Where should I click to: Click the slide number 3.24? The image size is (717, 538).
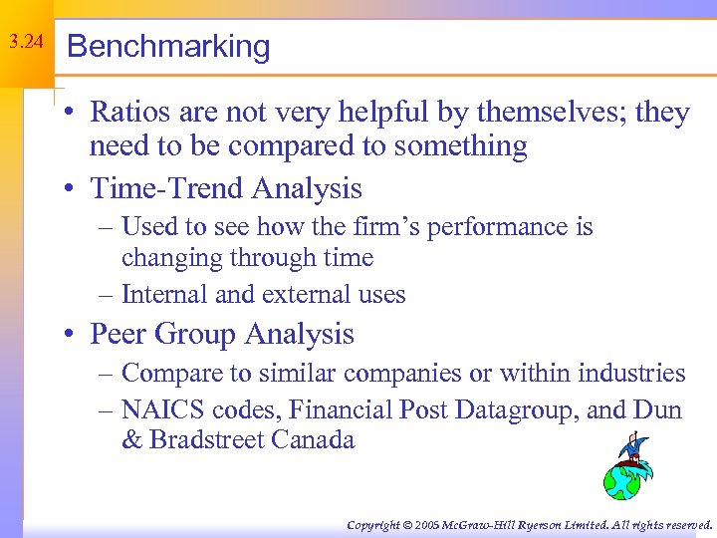tap(26, 43)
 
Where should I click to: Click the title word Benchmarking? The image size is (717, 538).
tap(168, 47)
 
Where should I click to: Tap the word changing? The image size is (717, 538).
tap(171, 258)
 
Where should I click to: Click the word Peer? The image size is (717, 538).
tap(120, 334)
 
